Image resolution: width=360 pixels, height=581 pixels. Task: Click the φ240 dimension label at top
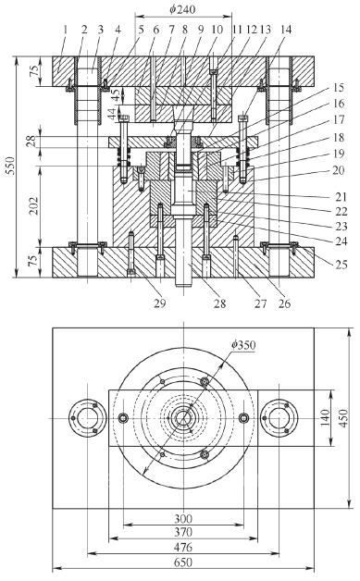(182, 8)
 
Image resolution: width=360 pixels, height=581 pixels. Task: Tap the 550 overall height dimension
(11, 166)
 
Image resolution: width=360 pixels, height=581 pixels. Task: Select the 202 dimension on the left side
(34, 205)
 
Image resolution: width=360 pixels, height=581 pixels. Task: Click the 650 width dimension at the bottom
(183, 562)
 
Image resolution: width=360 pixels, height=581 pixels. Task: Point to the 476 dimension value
(183, 548)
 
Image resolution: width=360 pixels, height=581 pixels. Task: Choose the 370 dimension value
(183, 532)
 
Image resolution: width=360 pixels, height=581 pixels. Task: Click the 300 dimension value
(183, 518)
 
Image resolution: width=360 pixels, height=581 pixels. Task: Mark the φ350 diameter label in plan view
(243, 345)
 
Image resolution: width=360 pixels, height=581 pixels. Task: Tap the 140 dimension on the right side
(325, 417)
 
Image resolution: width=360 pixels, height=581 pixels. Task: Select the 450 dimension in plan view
(343, 418)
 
